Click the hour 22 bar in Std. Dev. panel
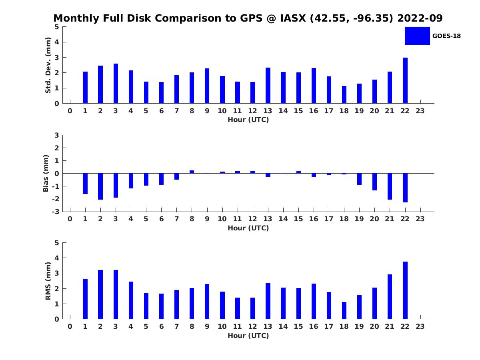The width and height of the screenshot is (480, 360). (405, 80)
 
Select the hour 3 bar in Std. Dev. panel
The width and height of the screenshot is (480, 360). (116, 84)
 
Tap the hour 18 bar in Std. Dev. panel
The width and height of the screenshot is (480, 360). (344, 95)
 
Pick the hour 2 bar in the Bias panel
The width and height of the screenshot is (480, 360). (100, 186)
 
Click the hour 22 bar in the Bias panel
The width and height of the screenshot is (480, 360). (405, 188)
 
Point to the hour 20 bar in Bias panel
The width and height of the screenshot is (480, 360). (375, 182)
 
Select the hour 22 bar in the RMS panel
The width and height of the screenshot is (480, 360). (405, 290)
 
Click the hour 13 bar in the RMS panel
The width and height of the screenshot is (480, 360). (268, 301)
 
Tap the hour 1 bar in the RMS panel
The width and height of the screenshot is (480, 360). (85, 299)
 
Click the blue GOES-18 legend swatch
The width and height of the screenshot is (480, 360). (417, 36)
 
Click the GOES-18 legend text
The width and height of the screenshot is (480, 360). (446, 36)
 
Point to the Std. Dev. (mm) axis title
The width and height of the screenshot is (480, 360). (48, 65)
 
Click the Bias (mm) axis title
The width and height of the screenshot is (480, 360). (46, 173)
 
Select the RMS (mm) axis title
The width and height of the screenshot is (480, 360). (48, 281)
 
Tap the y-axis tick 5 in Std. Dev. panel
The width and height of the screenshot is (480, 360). (57, 27)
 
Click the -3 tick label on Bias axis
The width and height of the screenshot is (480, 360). (56, 212)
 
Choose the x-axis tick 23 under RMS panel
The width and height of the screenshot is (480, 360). (420, 326)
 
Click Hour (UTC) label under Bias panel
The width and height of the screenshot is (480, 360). (248, 228)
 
